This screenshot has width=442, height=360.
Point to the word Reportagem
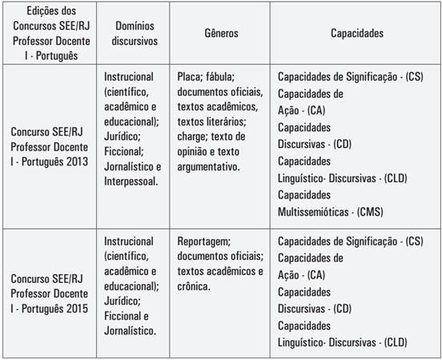[x=204, y=242]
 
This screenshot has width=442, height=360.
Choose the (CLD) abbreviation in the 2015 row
[x=392, y=343]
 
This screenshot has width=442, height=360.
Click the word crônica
[x=197, y=286]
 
